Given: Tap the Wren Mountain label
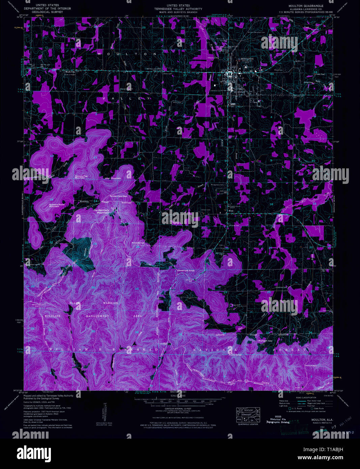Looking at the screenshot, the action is tap(113, 178).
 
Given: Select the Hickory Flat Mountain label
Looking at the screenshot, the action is tap(80, 177).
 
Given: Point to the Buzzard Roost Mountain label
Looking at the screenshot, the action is tap(57, 205).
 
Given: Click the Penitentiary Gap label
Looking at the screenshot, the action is tap(118, 196).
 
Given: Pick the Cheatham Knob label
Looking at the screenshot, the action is tap(186, 271).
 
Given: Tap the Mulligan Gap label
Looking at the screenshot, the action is tap(265, 341).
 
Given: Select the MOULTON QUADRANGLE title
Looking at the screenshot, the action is tap(305, 6).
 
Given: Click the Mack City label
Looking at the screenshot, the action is tap(70, 72).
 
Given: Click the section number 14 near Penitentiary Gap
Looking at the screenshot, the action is tap(95, 201).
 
